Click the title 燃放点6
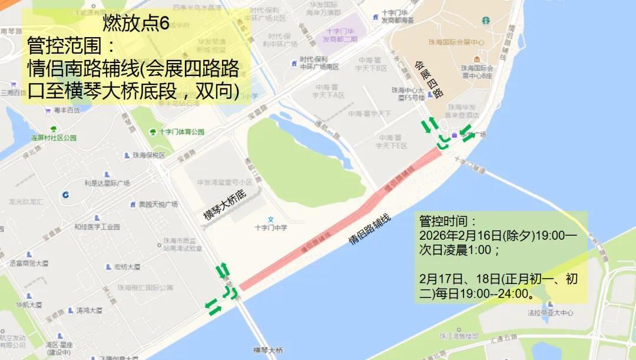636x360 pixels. [136, 24]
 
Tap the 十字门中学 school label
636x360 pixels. [271, 227]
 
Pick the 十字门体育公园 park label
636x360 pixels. [181, 132]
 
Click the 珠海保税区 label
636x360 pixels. [148, 156]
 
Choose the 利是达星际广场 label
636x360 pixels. [107, 183]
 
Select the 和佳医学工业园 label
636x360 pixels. [97, 227]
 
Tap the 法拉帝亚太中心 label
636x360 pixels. [550, 313]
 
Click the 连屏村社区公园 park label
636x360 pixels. [54, 138]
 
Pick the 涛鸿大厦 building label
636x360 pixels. [89, 311]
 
